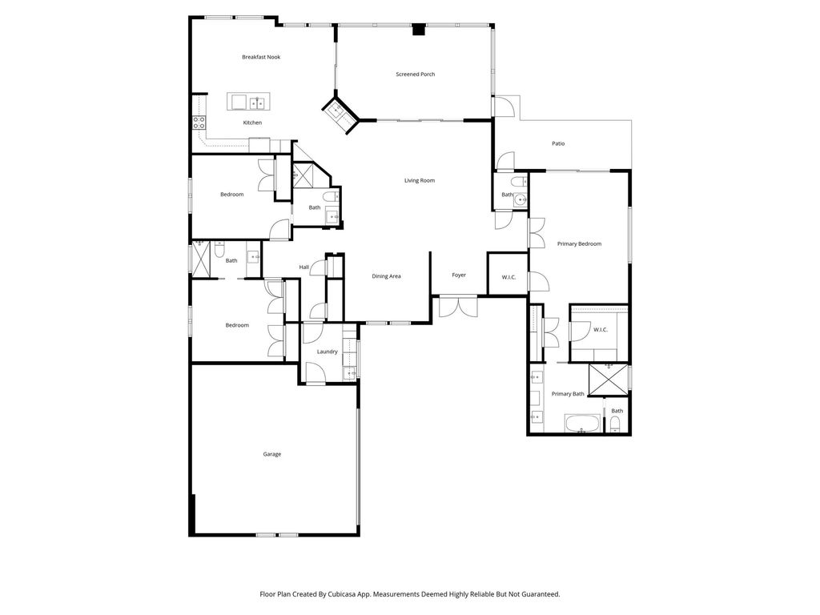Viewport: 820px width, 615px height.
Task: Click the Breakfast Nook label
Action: [x=261, y=57]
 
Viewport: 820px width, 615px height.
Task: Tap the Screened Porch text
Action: [x=416, y=74]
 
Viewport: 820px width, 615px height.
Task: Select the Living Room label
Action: [x=419, y=180]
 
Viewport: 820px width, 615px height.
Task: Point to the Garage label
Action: [x=272, y=454]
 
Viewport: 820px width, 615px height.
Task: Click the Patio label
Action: [x=558, y=143]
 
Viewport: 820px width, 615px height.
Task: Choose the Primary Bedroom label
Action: [x=579, y=243]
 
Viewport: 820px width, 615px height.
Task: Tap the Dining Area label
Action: [x=386, y=276]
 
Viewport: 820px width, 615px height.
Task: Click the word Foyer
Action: [x=459, y=275]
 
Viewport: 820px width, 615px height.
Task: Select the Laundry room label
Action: [x=327, y=352]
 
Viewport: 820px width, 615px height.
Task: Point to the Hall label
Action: [x=304, y=267]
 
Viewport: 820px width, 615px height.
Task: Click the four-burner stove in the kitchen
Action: [x=199, y=123]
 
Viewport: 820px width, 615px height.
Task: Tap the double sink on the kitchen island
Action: [x=257, y=102]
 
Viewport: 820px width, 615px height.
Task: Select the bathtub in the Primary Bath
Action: [x=581, y=424]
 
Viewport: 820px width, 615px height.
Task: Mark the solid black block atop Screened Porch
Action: [x=417, y=30]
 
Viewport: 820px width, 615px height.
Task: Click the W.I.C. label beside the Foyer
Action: [x=508, y=277]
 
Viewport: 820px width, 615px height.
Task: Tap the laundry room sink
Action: [x=350, y=372]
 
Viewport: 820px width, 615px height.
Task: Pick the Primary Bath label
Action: [x=568, y=394]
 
